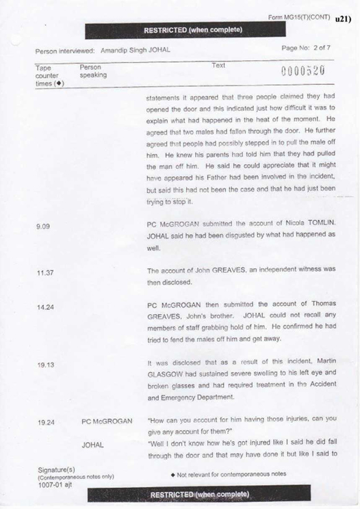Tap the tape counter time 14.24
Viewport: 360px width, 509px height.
pos(44,309)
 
